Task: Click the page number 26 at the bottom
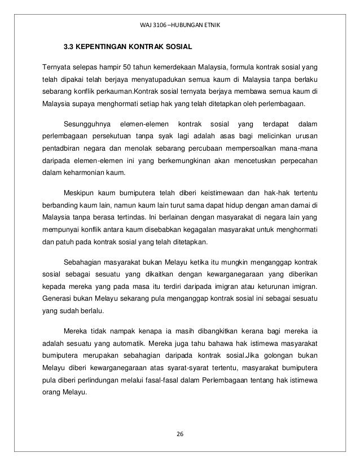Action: [x=181, y=434]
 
